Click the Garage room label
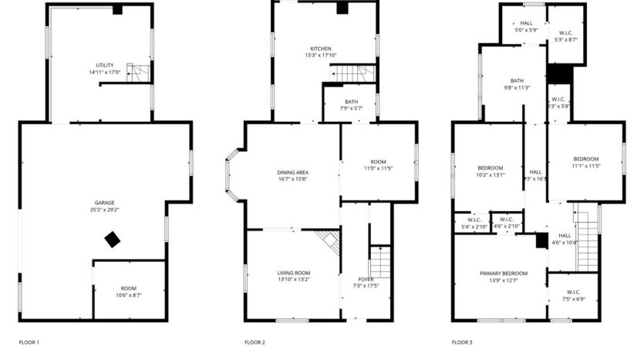pos(106,206)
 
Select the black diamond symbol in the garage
pos(113,240)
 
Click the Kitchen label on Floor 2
pos(320,52)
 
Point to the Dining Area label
pos(293,175)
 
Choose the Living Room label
pos(293,276)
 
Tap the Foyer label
pos(366,282)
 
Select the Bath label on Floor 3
pos(517,84)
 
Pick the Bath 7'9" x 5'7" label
pos(351,105)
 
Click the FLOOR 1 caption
pos(29,341)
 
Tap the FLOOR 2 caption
pos(255,341)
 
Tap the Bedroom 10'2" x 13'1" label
pos(490,171)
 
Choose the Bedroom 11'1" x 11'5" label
pos(585,162)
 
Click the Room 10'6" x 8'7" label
pos(128,291)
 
